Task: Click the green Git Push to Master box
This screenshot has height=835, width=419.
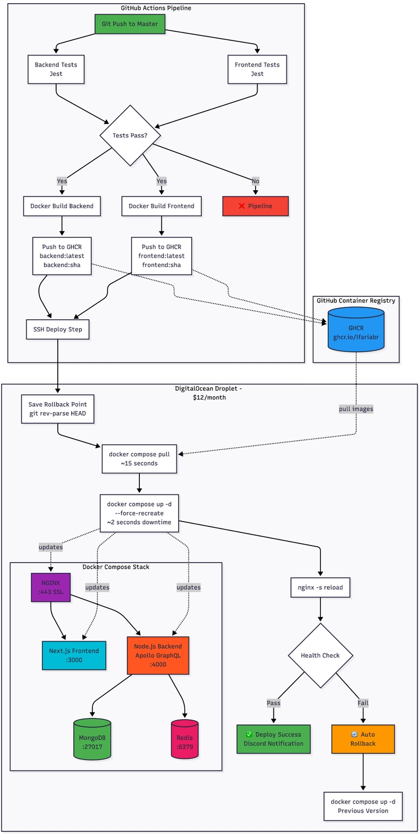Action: tap(130, 24)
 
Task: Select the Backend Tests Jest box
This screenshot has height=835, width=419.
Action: tap(56, 69)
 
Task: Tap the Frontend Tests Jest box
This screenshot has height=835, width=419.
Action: tap(257, 69)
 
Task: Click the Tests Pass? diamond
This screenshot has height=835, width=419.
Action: tap(130, 135)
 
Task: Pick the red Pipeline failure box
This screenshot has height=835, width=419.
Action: tap(256, 206)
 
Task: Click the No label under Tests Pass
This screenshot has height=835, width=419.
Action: tap(255, 181)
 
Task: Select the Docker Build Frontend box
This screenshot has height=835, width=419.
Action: tap(161, 206)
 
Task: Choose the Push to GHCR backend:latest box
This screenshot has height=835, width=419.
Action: tap(62, 256)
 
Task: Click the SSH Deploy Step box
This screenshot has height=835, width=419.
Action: tap(58, 329)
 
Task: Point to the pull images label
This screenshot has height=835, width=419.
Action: tap(356, 409)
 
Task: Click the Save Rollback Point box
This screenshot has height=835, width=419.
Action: tap(58, 409)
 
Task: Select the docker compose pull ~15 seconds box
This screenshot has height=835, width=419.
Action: tap(139, 459)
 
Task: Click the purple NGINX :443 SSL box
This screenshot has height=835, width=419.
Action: tap(51, 587)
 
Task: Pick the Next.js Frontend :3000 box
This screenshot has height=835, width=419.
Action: tap(74, 655)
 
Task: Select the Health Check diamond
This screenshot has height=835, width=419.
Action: tap(320, 655)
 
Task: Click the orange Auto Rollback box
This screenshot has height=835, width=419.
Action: tap(363, 739)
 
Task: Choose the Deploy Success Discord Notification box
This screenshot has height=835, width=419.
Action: tap(273, 739)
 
